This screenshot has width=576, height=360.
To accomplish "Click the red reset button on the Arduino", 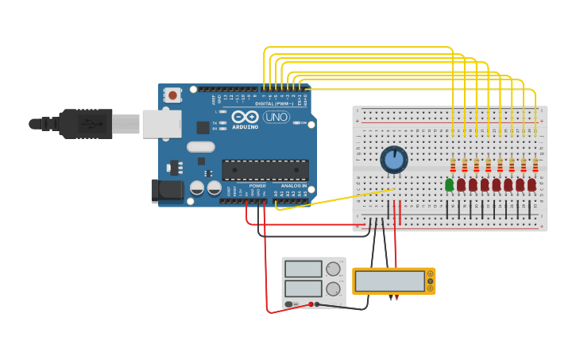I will pyautogui.click(x=172, y=95).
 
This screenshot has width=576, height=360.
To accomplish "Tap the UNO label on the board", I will pyautogui.click(x=276, y=117).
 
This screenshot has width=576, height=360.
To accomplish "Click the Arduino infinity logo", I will pyautogui.click(x=245, y=117).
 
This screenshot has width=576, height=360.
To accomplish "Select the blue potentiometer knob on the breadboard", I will pyautogui.click(x=394, y=160).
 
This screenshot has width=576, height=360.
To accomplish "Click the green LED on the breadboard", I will pyautogui.click(x=450, y=184).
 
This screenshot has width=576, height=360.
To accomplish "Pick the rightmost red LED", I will pyautogui.click(x=532, y=184).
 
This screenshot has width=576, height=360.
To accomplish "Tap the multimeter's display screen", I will pyautogui.click(x=390, y=281).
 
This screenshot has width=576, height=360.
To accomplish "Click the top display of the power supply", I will pyautogui.click(x=303, y=269).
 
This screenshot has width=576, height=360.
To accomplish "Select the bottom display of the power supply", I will pyautogui.click(x=303, y=288).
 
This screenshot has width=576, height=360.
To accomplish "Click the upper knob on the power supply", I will pyautogui.click(x=333, y=269).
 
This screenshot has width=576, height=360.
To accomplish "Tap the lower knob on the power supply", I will pyautogui.click(x=333, y=289).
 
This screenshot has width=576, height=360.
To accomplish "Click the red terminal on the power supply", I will pyautogui.click(x=311, y=304).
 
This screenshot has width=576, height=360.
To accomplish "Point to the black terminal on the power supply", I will pyautogui.click(x=317, y=304).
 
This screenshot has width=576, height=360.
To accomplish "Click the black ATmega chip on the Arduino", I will pyautogui.click(x=265, y=169).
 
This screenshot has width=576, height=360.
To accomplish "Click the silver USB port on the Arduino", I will pyautogui.click(x=161, y=124).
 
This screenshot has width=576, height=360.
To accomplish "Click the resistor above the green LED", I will pyautogui.click(x=453, y=165).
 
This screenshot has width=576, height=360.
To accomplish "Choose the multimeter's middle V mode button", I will pyautogui.click(x=431, y=281).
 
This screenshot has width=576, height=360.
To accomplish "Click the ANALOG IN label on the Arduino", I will pyautogui.click(x=293, y=186).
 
